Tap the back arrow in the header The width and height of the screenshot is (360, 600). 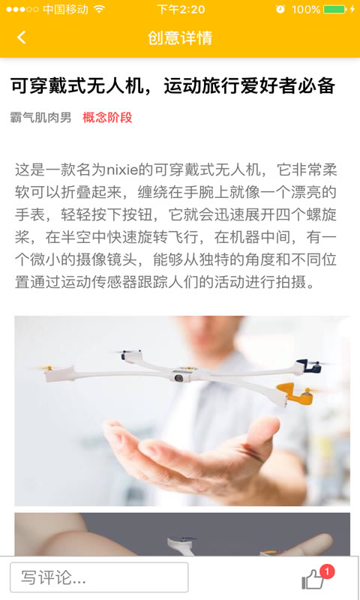click(21, 37)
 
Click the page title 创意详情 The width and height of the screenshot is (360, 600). click(180, 37)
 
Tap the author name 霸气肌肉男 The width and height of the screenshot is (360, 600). click(41, 117)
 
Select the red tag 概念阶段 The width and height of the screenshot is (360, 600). click(107, 117)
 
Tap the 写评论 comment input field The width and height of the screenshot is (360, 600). click(99, 577)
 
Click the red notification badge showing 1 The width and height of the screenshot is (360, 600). click(327, 571)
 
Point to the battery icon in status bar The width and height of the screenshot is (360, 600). click(334, 10)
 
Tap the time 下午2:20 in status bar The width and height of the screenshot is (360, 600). click(181, 10)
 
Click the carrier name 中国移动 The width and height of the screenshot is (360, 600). click(65, 10)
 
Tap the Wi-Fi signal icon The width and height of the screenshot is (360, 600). click(100, 10)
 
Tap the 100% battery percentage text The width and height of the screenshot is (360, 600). click(305, 10)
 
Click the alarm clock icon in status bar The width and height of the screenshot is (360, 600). click(280, 10)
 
